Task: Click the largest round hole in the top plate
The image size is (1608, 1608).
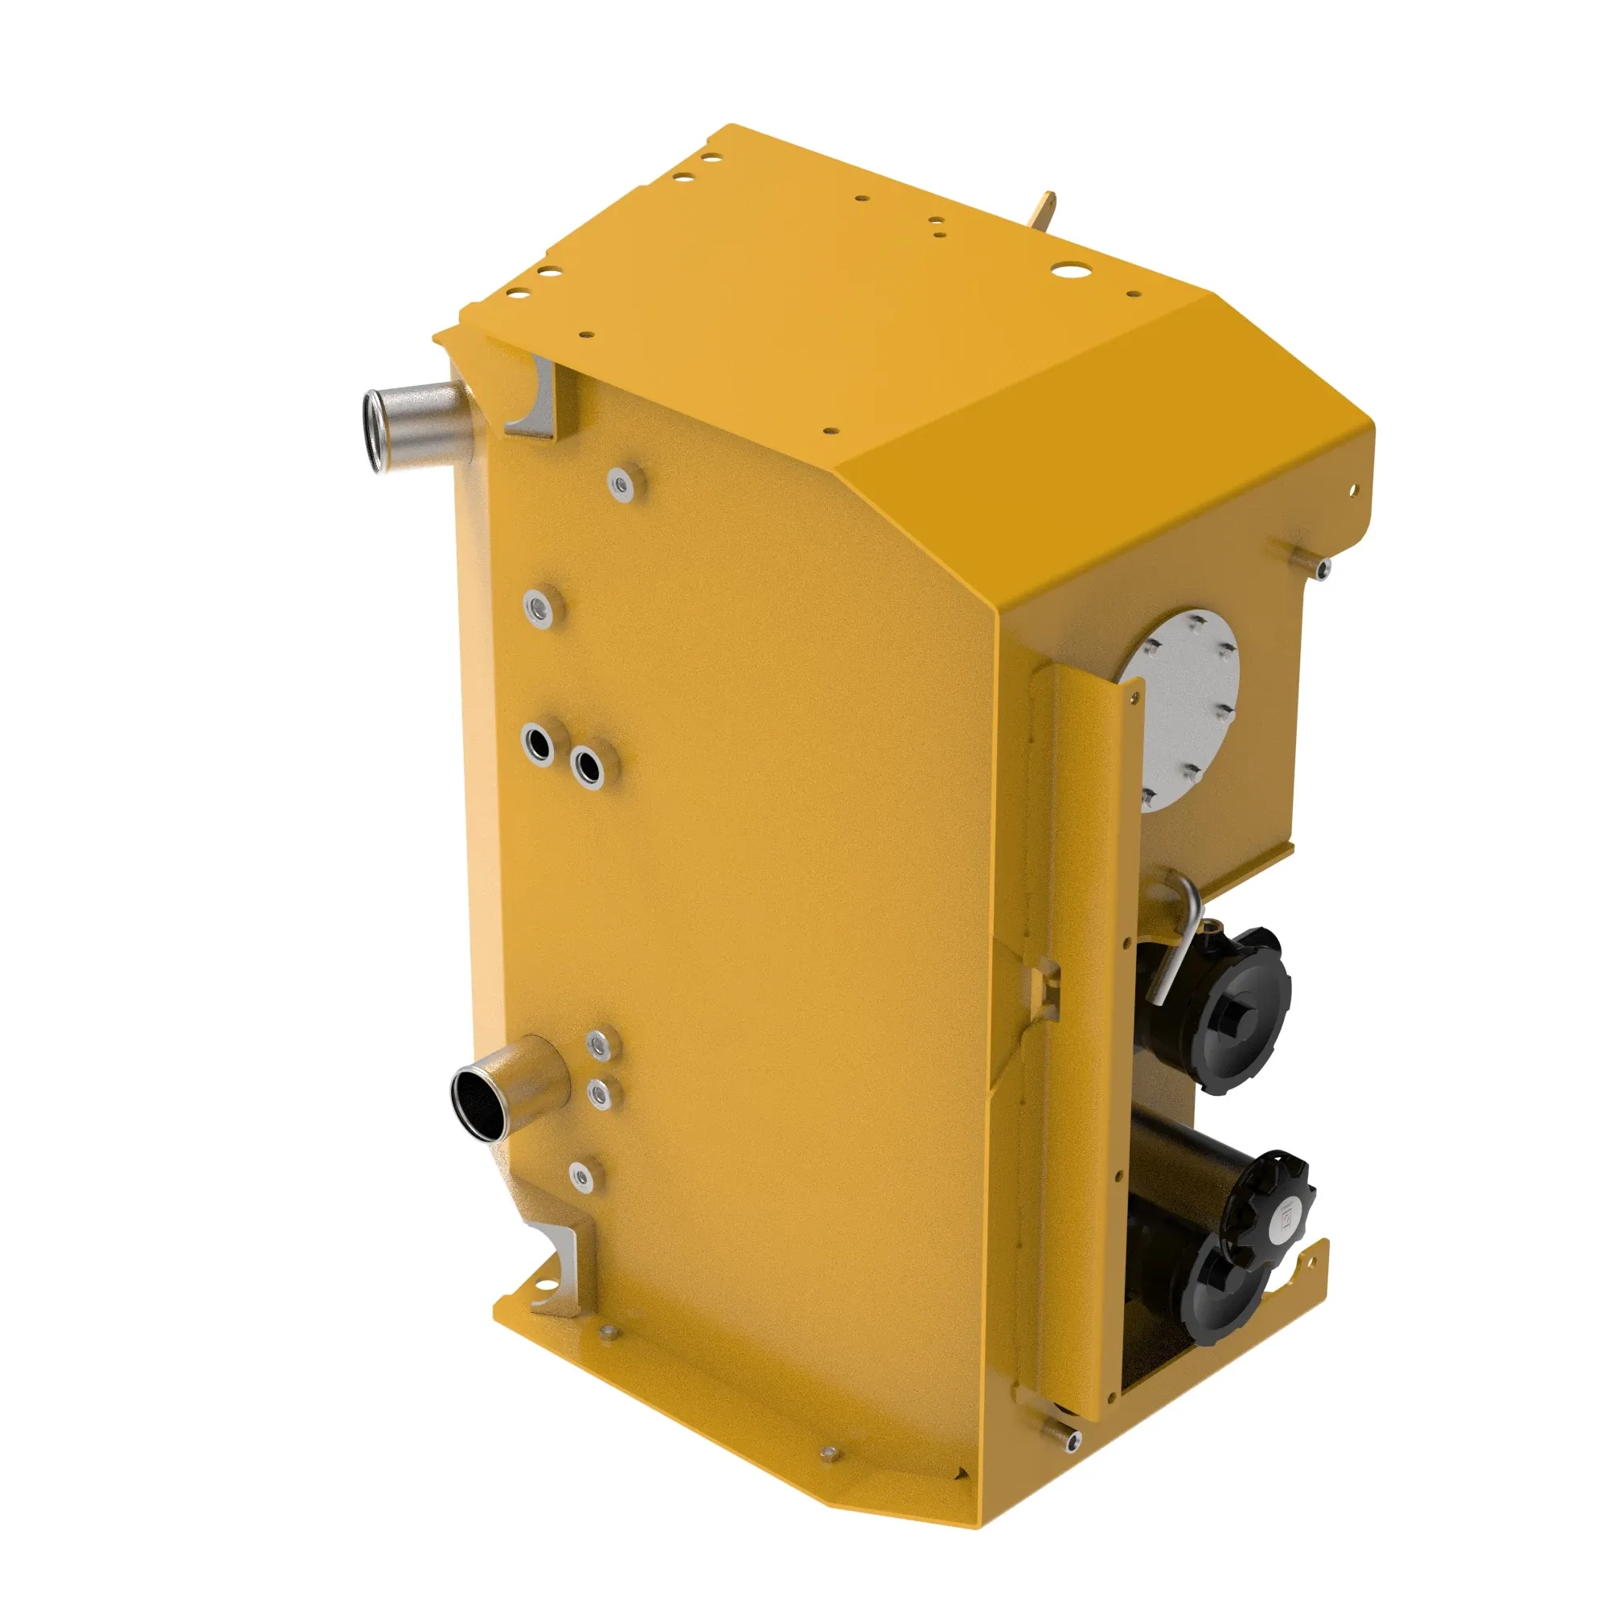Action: point(1064,271)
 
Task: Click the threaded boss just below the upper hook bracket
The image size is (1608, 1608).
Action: point(621,483)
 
